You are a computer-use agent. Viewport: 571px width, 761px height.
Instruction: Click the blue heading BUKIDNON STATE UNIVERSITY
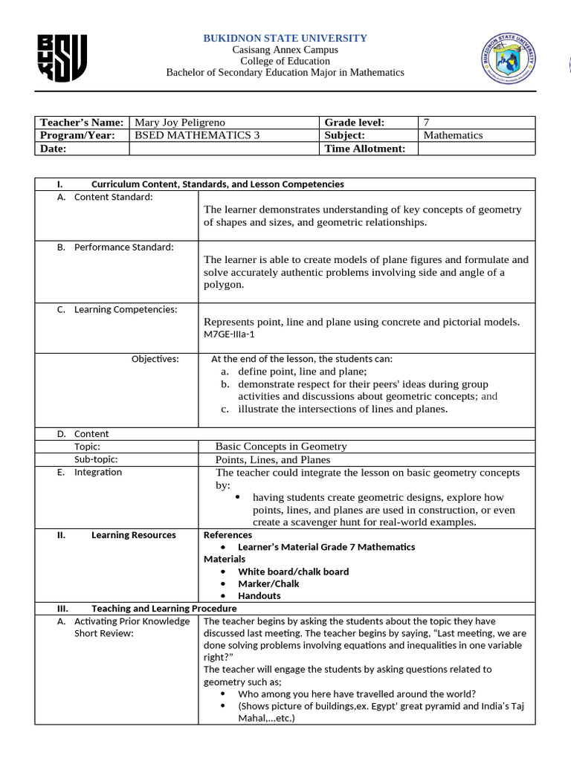point(285,38)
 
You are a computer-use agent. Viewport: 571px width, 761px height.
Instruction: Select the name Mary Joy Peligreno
point(179,123)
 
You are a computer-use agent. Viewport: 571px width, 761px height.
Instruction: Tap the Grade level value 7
point(426,123)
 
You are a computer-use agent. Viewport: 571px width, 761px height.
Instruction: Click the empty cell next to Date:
point(224,149)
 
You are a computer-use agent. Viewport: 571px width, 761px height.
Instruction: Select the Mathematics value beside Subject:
point(453,135)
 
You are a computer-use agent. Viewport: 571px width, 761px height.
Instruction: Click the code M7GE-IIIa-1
point(233,334)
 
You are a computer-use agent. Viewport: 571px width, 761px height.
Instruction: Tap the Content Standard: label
point(113,197)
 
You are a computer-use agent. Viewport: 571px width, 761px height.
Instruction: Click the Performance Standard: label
point(123,247)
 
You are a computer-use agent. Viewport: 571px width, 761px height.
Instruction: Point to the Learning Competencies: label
point(126,310)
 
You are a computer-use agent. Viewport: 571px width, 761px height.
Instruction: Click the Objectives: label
point(155,360)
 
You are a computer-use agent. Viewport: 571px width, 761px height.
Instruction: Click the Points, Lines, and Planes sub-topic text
point(273,460)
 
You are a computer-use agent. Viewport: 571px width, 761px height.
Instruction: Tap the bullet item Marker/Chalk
point(268,584)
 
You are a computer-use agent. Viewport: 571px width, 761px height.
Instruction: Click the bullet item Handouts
point(259,596)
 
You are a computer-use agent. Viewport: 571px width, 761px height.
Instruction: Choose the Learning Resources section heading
point(133,535)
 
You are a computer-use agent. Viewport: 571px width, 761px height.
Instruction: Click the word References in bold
point(228,535)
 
